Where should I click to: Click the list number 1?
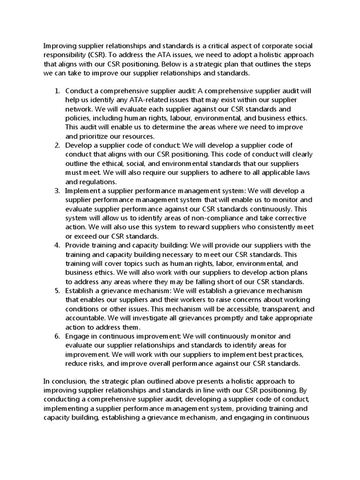[x=57, y=91]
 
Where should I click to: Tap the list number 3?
[x=57, y=191]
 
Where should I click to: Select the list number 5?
[x=57, y=291]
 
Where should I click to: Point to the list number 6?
[x=57, y=336]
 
